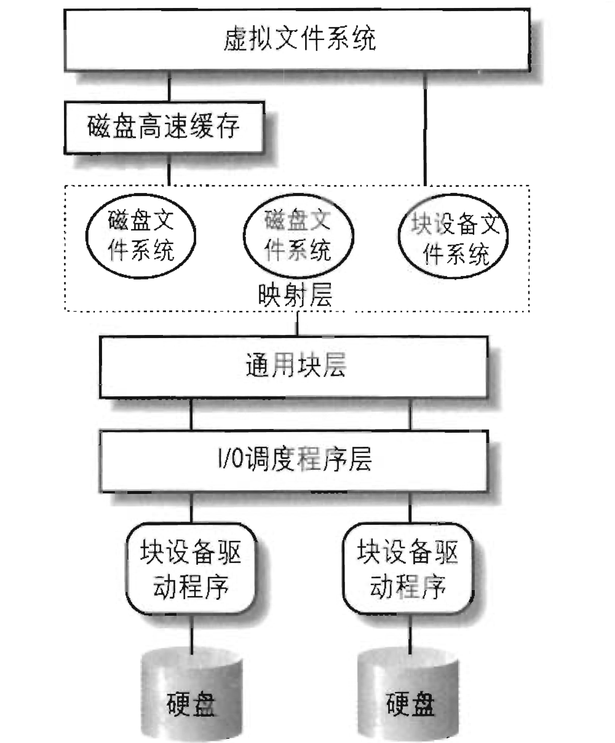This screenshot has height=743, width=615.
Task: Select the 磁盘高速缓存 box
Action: tap(164, 128)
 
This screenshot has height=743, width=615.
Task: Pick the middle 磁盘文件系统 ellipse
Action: tap(298, 235)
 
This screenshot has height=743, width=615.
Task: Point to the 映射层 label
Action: tap(296, 296)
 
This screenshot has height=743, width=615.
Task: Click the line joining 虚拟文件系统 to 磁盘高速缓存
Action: tap(169, 86)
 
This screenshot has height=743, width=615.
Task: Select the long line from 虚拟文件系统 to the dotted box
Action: tap(424, 129)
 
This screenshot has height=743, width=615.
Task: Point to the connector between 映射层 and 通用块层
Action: tap(298, 324)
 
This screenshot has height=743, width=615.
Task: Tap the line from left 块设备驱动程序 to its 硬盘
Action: tap(192, 633)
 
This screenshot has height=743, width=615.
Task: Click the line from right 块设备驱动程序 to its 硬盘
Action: tap(408, 633)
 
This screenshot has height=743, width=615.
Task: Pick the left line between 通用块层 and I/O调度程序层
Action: tap(192, 415)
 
